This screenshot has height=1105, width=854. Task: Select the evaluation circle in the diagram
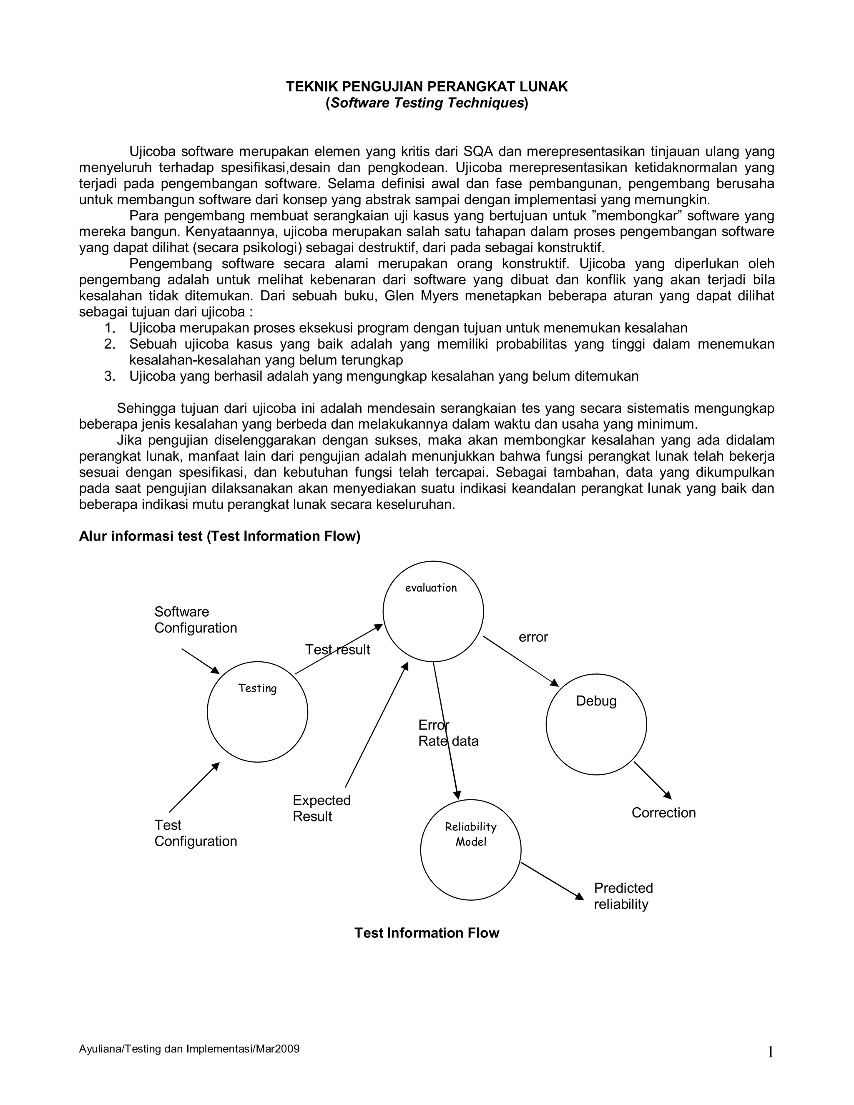(x=433, y=611)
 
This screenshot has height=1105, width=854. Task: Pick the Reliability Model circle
(x=470, y=849)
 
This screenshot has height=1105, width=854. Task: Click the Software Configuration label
(x=195, y=620)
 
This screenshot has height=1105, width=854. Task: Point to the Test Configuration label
(x=195, y=833)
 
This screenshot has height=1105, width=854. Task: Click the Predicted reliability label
(x=623, y=896)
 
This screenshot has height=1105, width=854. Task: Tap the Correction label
(x=663, y=813)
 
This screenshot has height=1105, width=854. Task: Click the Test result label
(x=337, y=650)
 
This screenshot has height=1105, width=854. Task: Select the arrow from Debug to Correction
(x=652, y=780)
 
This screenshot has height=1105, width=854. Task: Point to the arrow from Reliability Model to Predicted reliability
(x=552, y=881)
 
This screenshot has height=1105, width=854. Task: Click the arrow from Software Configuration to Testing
(x=200, y=661)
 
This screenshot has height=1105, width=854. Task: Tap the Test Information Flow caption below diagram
(x=427, y=933)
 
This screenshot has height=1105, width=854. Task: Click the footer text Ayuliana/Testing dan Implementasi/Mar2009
(x=189, y=1049)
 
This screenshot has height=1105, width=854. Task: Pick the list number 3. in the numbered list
(x=110, y=376)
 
